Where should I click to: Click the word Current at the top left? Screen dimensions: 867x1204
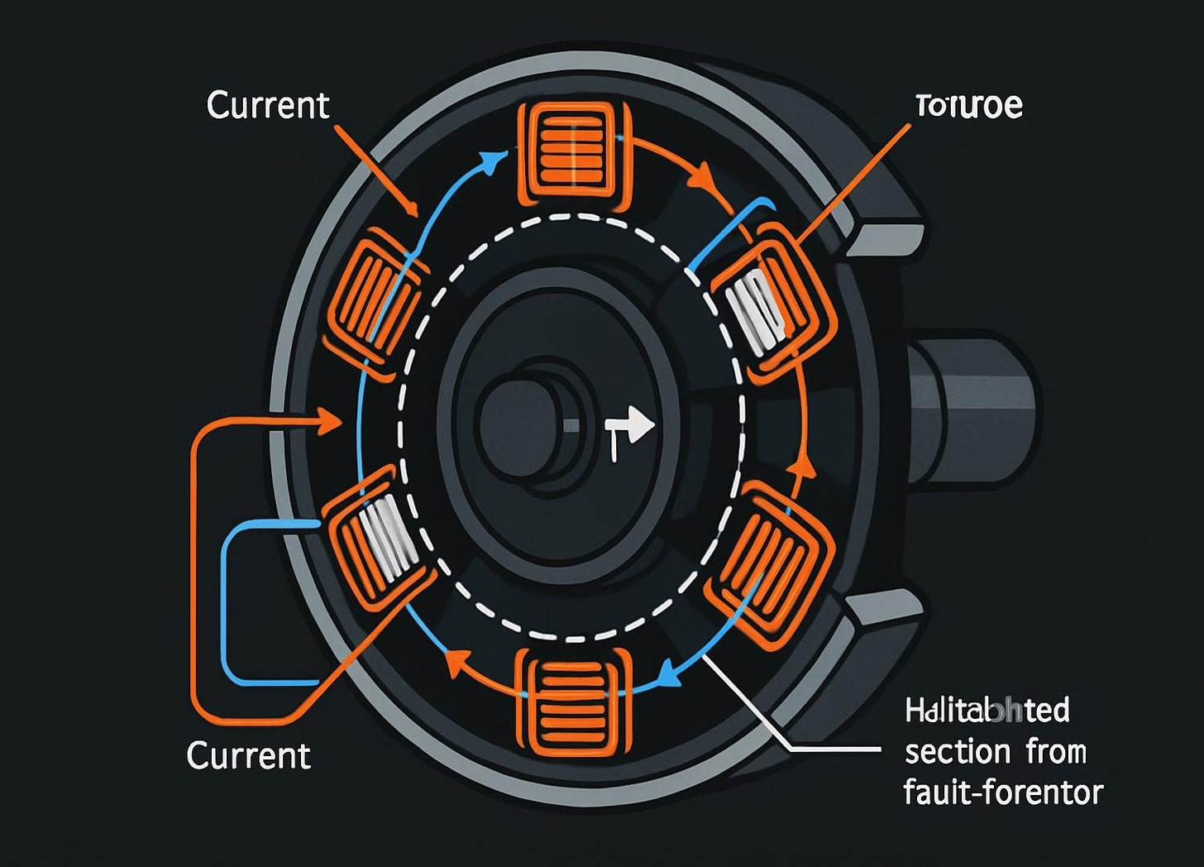(268, 106)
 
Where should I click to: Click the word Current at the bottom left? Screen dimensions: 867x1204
(248, 755)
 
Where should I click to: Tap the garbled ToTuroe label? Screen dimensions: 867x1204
(968, 106)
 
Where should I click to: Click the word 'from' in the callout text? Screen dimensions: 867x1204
(1056, 752)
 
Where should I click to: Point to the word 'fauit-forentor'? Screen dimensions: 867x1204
(1003, 793)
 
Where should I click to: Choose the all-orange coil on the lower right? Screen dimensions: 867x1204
(769, 565)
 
